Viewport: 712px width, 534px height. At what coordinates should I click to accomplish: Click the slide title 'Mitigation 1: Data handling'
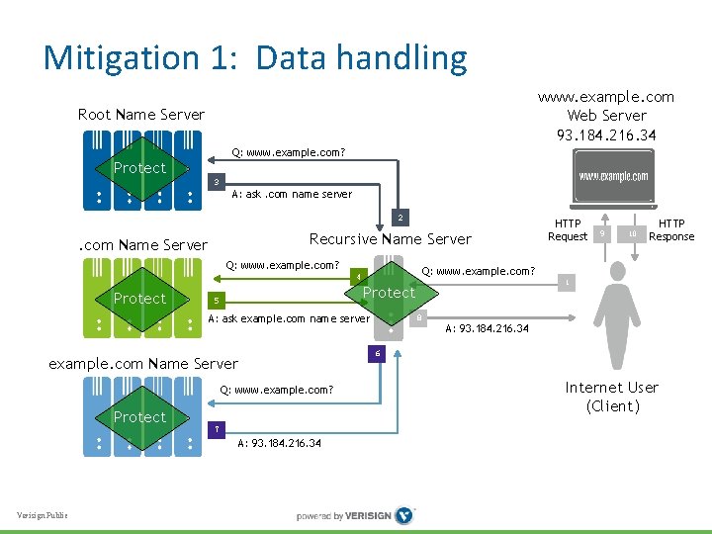click(x=255, y=58)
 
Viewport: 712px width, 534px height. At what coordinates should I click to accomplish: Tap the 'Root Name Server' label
click(x=141, y=115)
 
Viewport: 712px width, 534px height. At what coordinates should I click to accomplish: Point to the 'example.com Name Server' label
click(x=143, y=364)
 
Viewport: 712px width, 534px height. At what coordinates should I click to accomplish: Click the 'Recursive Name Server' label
click(x=391, y=239)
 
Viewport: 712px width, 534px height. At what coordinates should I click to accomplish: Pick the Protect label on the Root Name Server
click(x=139, y=168)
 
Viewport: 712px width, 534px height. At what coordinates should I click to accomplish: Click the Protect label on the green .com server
click(x=139, y=299)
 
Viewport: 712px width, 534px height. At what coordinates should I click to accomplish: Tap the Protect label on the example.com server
click(x=139, y=417)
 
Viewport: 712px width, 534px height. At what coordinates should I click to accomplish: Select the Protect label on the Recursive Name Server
click(x=389, y=293)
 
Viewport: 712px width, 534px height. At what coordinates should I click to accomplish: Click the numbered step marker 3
click(x=218, y=183)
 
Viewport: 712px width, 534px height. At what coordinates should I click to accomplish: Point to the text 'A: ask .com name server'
click(x=292, y=195)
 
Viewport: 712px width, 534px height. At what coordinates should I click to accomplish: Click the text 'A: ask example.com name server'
click(x=289, y=318)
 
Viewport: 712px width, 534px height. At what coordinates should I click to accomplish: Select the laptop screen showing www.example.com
click(x=614, y=177)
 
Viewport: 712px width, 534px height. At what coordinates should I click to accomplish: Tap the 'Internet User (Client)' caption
click(x=612, y=397)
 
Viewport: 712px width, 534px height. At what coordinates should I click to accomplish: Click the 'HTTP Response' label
click(x=671, y=230)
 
